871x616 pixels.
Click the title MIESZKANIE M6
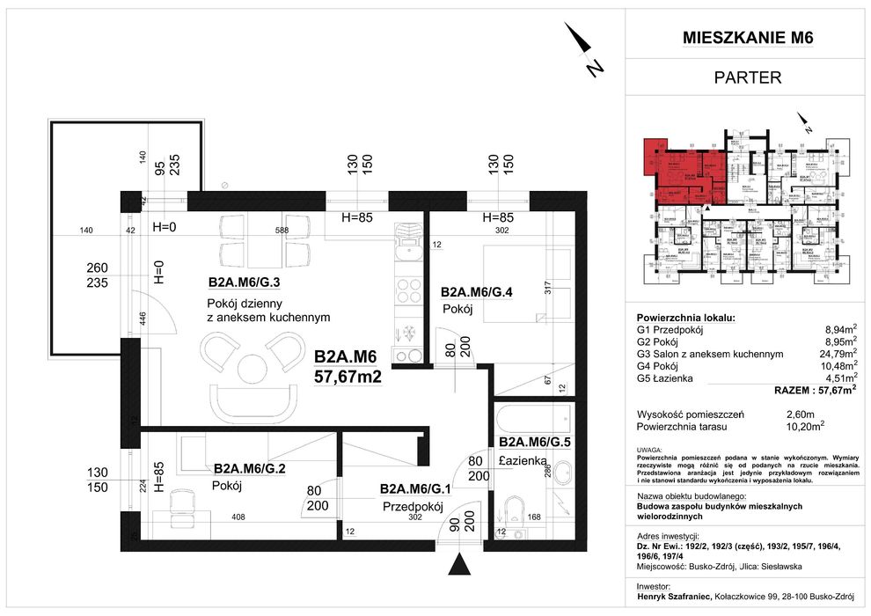pyautogui.click(x=747, y=37)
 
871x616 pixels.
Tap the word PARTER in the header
pyautogui.click(x=747, y=77)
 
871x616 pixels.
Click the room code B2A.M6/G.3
pyautogui.click(x=244, y=282)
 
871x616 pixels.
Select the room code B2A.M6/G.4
pyautogui.click(x=476, y=291)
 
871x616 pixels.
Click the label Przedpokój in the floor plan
pyautogui.click(x=411, y=507)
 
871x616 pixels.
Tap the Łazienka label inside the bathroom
pyautogui.click(x=525, y=460)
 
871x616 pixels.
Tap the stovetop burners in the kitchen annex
pyautogui.click(x=408, y=290)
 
